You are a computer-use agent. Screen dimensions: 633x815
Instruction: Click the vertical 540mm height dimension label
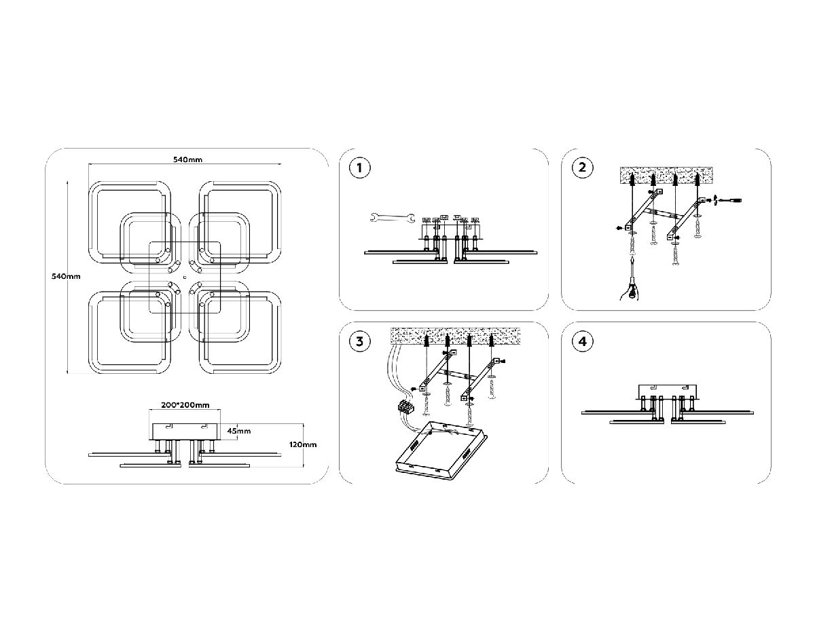(67, 276)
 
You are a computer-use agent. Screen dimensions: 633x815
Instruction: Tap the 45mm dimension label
(238, 431)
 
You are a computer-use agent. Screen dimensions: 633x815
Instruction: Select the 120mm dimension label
(303, 444)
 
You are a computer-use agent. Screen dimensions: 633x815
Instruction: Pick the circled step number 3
(359, 342)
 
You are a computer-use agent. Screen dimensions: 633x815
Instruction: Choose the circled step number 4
(582, 342)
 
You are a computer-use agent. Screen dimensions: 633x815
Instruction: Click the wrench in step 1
(391, 218)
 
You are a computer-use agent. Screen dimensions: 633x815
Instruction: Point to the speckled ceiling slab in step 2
(664, 176)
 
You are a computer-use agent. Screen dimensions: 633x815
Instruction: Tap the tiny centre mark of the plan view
(185, 277)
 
